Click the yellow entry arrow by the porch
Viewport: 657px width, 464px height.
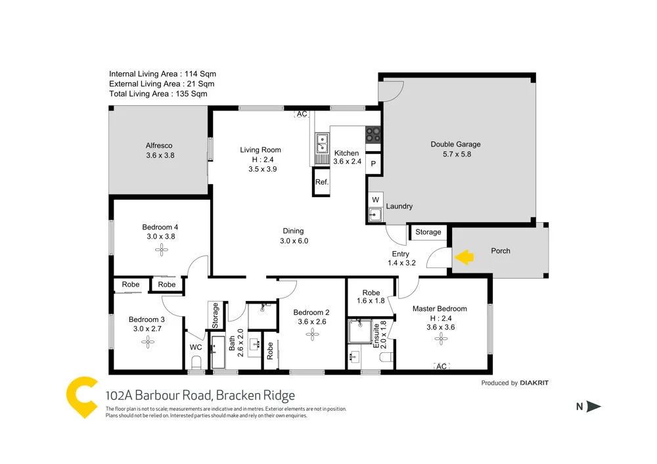(x=464, y=257)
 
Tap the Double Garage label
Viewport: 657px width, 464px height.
(x=455, y=145)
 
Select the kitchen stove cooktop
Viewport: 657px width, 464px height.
(x=373, y=134)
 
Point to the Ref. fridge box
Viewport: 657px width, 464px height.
(x=321, y=183)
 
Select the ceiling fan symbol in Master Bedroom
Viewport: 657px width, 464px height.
(x=440, y=338)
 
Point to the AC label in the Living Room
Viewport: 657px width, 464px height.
(x=302, y=114)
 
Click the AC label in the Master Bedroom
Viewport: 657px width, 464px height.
(x=441, y=366)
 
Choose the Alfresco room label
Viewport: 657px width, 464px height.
(x=160, y=146)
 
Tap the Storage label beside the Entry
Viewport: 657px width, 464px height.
(x=428, y=232)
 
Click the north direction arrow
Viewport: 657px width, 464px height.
(x=593, y=407)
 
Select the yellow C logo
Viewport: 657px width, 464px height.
(x=82, y=396)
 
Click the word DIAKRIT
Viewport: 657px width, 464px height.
(x=534, y=383)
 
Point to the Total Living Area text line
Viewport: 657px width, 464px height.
(x=158, y=94)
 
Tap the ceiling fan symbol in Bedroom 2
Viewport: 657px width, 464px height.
(x=311, y=334)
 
